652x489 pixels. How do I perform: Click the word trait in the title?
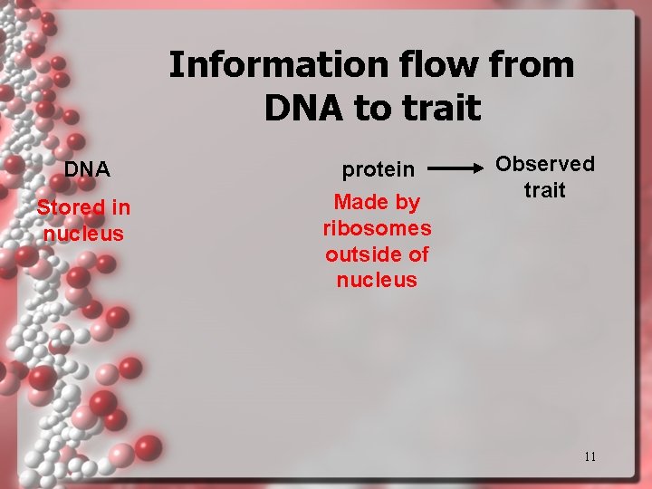click(442, 108)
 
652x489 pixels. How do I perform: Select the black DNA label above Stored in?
click(87, 169)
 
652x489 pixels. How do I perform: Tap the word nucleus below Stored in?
click(83, 234)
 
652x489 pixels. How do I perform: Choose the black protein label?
click(377, 169)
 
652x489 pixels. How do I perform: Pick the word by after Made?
click(407, 203)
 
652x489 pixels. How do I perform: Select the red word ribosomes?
click(377, 228)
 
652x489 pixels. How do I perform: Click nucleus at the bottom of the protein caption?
click(377, 281)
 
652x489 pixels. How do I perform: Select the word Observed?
click(545, 164)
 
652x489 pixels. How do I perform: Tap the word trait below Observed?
click(545, 190)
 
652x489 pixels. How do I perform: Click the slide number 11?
click(590, 456)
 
